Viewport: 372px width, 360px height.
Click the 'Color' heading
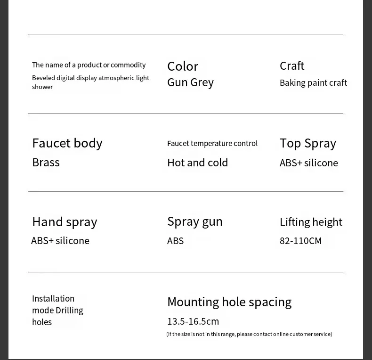[x=183, y=66]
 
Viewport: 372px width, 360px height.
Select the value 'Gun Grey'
[x=190, y=82]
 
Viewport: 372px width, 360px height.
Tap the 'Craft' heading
[x=292, y=65]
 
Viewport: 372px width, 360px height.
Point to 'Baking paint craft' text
[x=313, y=83]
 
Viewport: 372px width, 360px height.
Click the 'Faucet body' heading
[x=67, y=143]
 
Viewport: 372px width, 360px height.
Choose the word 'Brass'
[x=46, y=162]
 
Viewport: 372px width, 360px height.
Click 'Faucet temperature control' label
[x=212, y=143]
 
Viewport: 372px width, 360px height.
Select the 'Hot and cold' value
[x=197, y=163]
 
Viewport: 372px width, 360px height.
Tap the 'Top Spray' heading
[x=307, y=143]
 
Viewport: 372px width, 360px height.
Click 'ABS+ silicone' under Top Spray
[x=308, y=163]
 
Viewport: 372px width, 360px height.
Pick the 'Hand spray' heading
[x=65, y=221]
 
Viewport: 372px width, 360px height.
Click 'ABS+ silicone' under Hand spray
[x=60, y=241]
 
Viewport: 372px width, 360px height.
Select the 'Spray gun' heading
[x=194, y=221]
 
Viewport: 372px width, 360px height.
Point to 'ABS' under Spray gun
[x=175, y=241]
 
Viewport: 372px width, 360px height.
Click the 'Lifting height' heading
[x=311, y=221]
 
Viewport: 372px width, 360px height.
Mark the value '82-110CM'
[x=300, y=241]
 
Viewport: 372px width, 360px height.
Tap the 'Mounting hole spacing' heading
[x=229, y=302]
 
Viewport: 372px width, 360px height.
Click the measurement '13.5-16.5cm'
[x=193, y=321]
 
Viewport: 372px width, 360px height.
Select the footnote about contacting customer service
[x=249, y=334]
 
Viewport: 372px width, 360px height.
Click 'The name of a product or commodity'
[x=89, y=65]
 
